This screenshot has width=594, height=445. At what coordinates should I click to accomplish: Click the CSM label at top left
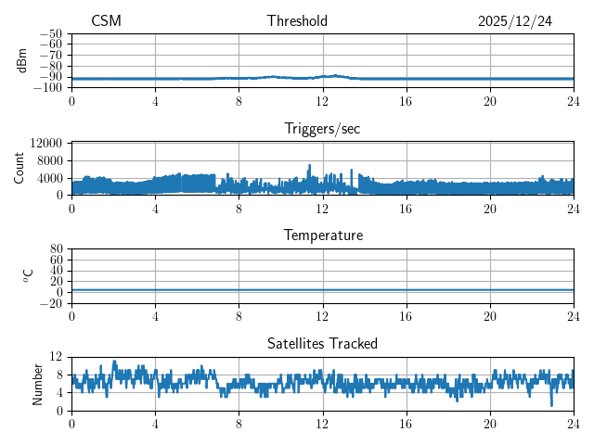click(106, 21)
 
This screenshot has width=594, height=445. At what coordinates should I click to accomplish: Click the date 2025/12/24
click(514, 21)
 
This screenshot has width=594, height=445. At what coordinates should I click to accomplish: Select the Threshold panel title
click(297, 21)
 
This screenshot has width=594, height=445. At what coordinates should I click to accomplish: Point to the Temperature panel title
click(322, 235)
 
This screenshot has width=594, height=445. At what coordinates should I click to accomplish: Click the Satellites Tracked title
click(322, 343)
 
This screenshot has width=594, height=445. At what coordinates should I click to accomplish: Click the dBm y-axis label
click(22, 60)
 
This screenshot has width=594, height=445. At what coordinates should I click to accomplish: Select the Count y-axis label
click(19, 168)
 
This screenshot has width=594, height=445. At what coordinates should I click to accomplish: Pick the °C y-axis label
click(28, 275)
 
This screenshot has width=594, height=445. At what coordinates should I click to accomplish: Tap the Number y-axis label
click(38, 383)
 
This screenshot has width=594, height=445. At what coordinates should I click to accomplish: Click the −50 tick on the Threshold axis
click(51, 33)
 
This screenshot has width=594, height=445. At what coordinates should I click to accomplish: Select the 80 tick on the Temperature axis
click(57, 249)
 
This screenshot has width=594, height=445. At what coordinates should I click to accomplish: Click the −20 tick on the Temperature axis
click(51, 303)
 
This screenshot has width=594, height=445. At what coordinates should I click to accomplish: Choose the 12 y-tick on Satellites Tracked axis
click(57, 357)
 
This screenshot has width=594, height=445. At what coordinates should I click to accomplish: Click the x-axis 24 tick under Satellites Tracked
click(573, 423)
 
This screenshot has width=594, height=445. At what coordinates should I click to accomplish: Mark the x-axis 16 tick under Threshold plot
click(406, 100)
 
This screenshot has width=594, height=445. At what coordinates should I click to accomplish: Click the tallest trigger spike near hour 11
click(310, 166)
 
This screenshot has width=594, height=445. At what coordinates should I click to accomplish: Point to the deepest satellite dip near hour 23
click(551, 405)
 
